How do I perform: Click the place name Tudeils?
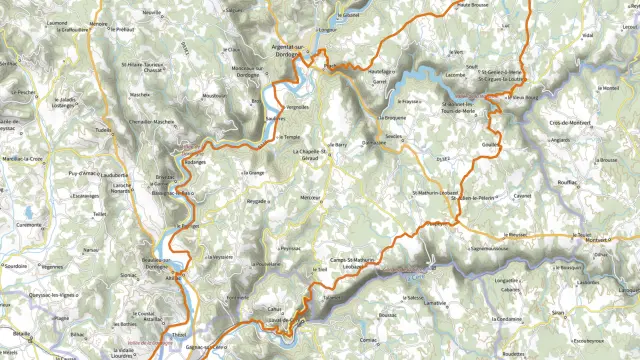(x=101, y=130)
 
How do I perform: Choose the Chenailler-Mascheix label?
(x=153, y=123)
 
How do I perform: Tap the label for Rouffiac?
(x=567, y=183)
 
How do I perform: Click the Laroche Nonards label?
(x=121, y=190)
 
